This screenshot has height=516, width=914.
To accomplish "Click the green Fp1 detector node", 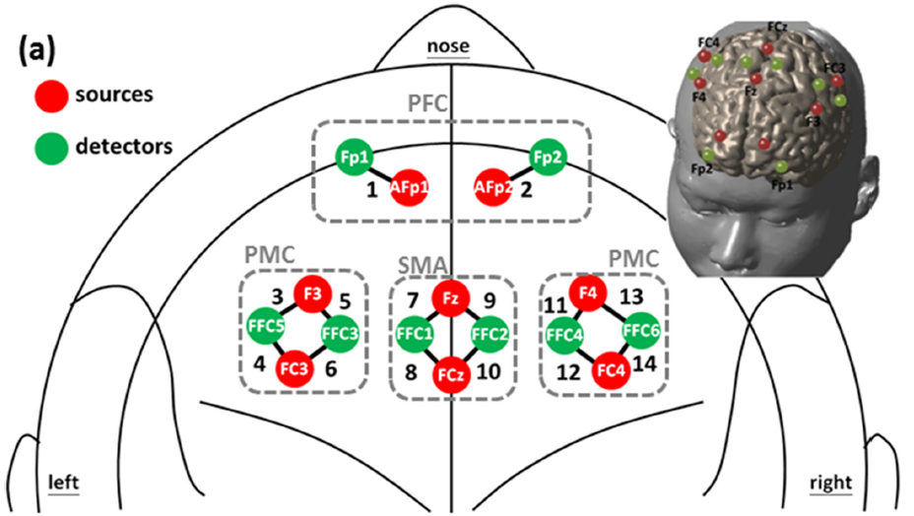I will tap(351, 159).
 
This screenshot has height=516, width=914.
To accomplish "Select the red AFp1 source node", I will tap(410, 187).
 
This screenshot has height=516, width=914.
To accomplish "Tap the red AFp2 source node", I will tap(493, 187).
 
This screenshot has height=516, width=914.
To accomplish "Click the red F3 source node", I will tap(312, 293).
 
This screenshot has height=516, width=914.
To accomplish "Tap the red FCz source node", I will tap(451, 375).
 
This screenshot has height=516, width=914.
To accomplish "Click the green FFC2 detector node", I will tap(490, 334).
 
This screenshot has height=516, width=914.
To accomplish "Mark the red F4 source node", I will tap(589, 292).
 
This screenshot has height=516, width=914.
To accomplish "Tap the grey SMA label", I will tap(420, 265).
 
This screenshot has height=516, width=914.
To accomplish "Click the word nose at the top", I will tap(448, 46).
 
